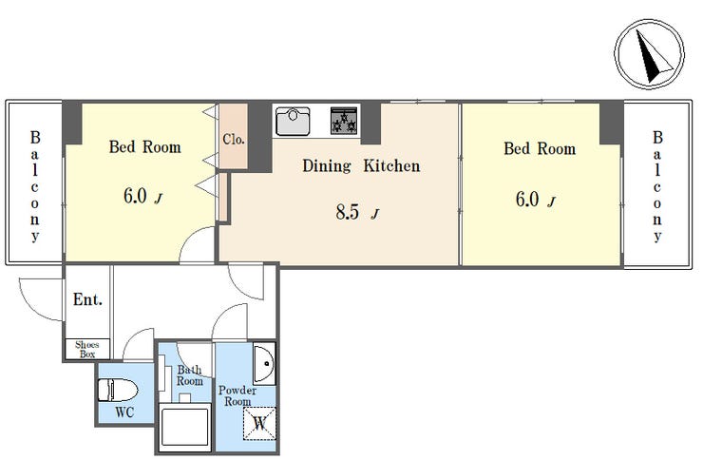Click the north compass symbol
pyautogui.click(x=649, y=53)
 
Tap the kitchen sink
pyautogui.click(x=293, y=121)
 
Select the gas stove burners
pyautogui.click(x=344, y=120)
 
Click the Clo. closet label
pyautogui.click(x=234, y=140)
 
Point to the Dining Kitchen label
pyautogui.click(x=361, y=166)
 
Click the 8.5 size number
pyautogui.click(x=348, y=212)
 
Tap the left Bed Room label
pyautogui.click(x=144, y=147)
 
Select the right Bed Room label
pyautogui.click(x=540, y=148)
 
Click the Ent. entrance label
pyautogui.click(x=87, y=299)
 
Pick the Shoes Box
pyautogui.click(x=87, y=349)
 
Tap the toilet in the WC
pyautogui.click(x=118, y=390)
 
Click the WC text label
pyautogui.click(x=124, y=412)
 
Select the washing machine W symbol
pyautogui.click(x=259, y=423)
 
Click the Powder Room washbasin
pyautogui.click(x=264, y=364)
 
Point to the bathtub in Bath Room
pyautogui.click(x=185, y=427)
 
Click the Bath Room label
pyautogui.click(x=190, y=375)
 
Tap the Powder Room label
pyautogui.click(x=237, y=396)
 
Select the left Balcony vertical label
pyautogui.click(x=35, y=186)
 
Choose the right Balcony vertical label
pyautogui.click(x=657, y=186)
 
